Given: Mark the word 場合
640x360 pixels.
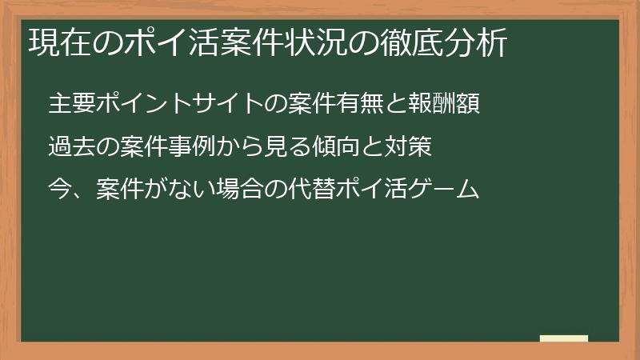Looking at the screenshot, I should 241,190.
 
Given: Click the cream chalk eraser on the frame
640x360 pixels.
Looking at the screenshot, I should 563,338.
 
